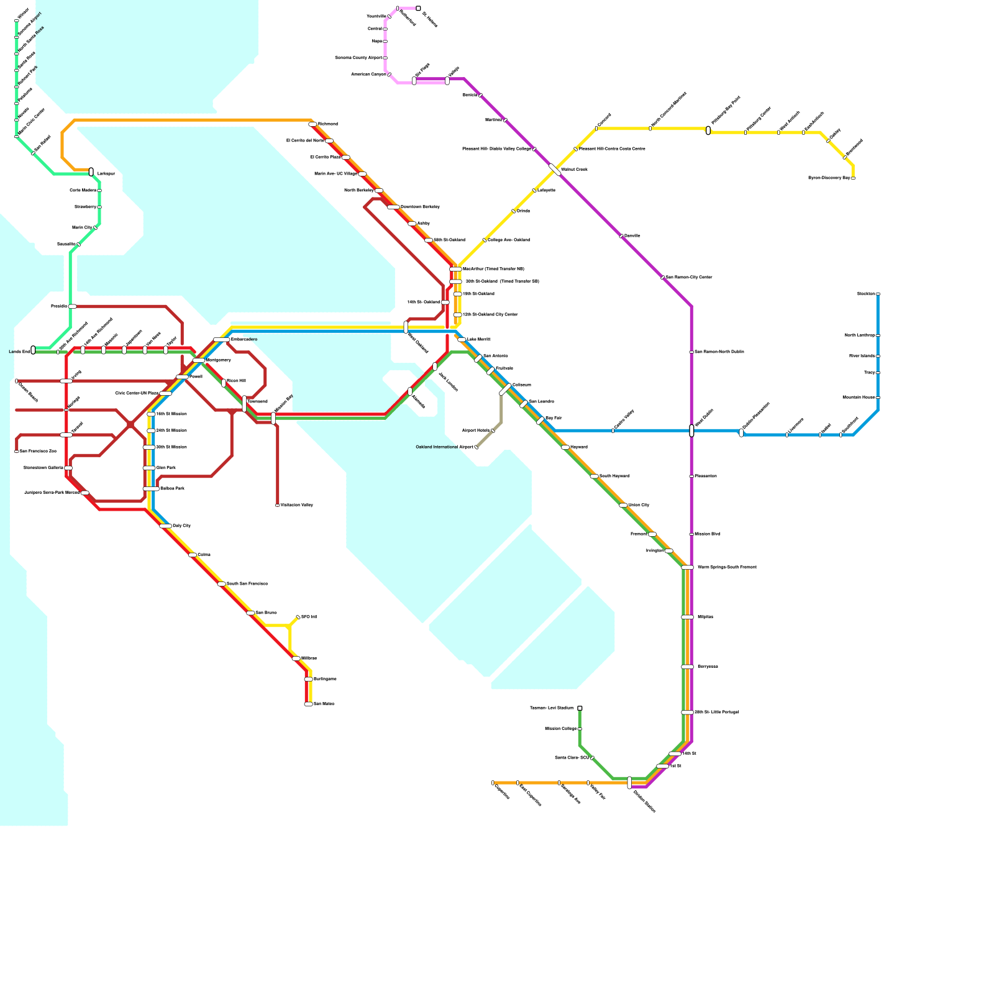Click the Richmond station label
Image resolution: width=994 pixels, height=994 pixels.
(x=328, y=124)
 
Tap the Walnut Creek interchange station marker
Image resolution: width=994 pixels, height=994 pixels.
(x=555, y=170)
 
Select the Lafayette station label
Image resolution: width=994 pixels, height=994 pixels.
(x=546, y=190)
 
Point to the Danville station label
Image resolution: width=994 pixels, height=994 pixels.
(x=632, y=236)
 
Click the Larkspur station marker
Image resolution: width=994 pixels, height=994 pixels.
(x=91, y=171)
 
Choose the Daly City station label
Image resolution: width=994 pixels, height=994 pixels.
(x=181, y=526)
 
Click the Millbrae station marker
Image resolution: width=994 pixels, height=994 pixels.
(x=296, y=659)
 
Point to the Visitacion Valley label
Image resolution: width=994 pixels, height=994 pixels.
(x=296, y=505)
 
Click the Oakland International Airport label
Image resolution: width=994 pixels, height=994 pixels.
(x=444, y=447)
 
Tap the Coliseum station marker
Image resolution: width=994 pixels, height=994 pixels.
(x=505, y=390)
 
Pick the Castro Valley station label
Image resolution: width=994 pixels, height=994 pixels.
(x=624, y=421)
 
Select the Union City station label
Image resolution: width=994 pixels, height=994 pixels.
(x=639, y=505)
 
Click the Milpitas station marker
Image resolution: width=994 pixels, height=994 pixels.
(x=687, y=617)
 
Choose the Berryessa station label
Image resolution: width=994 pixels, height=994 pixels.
(x=707, y=667)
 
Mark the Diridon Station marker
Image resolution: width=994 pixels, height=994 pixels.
(x=629, y=782)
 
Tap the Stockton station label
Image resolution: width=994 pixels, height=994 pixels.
(x=865, y=293)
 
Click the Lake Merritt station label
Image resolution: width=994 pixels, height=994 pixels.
(x=478, y=340)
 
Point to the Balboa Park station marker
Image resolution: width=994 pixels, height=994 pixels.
(x=151, y=489)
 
